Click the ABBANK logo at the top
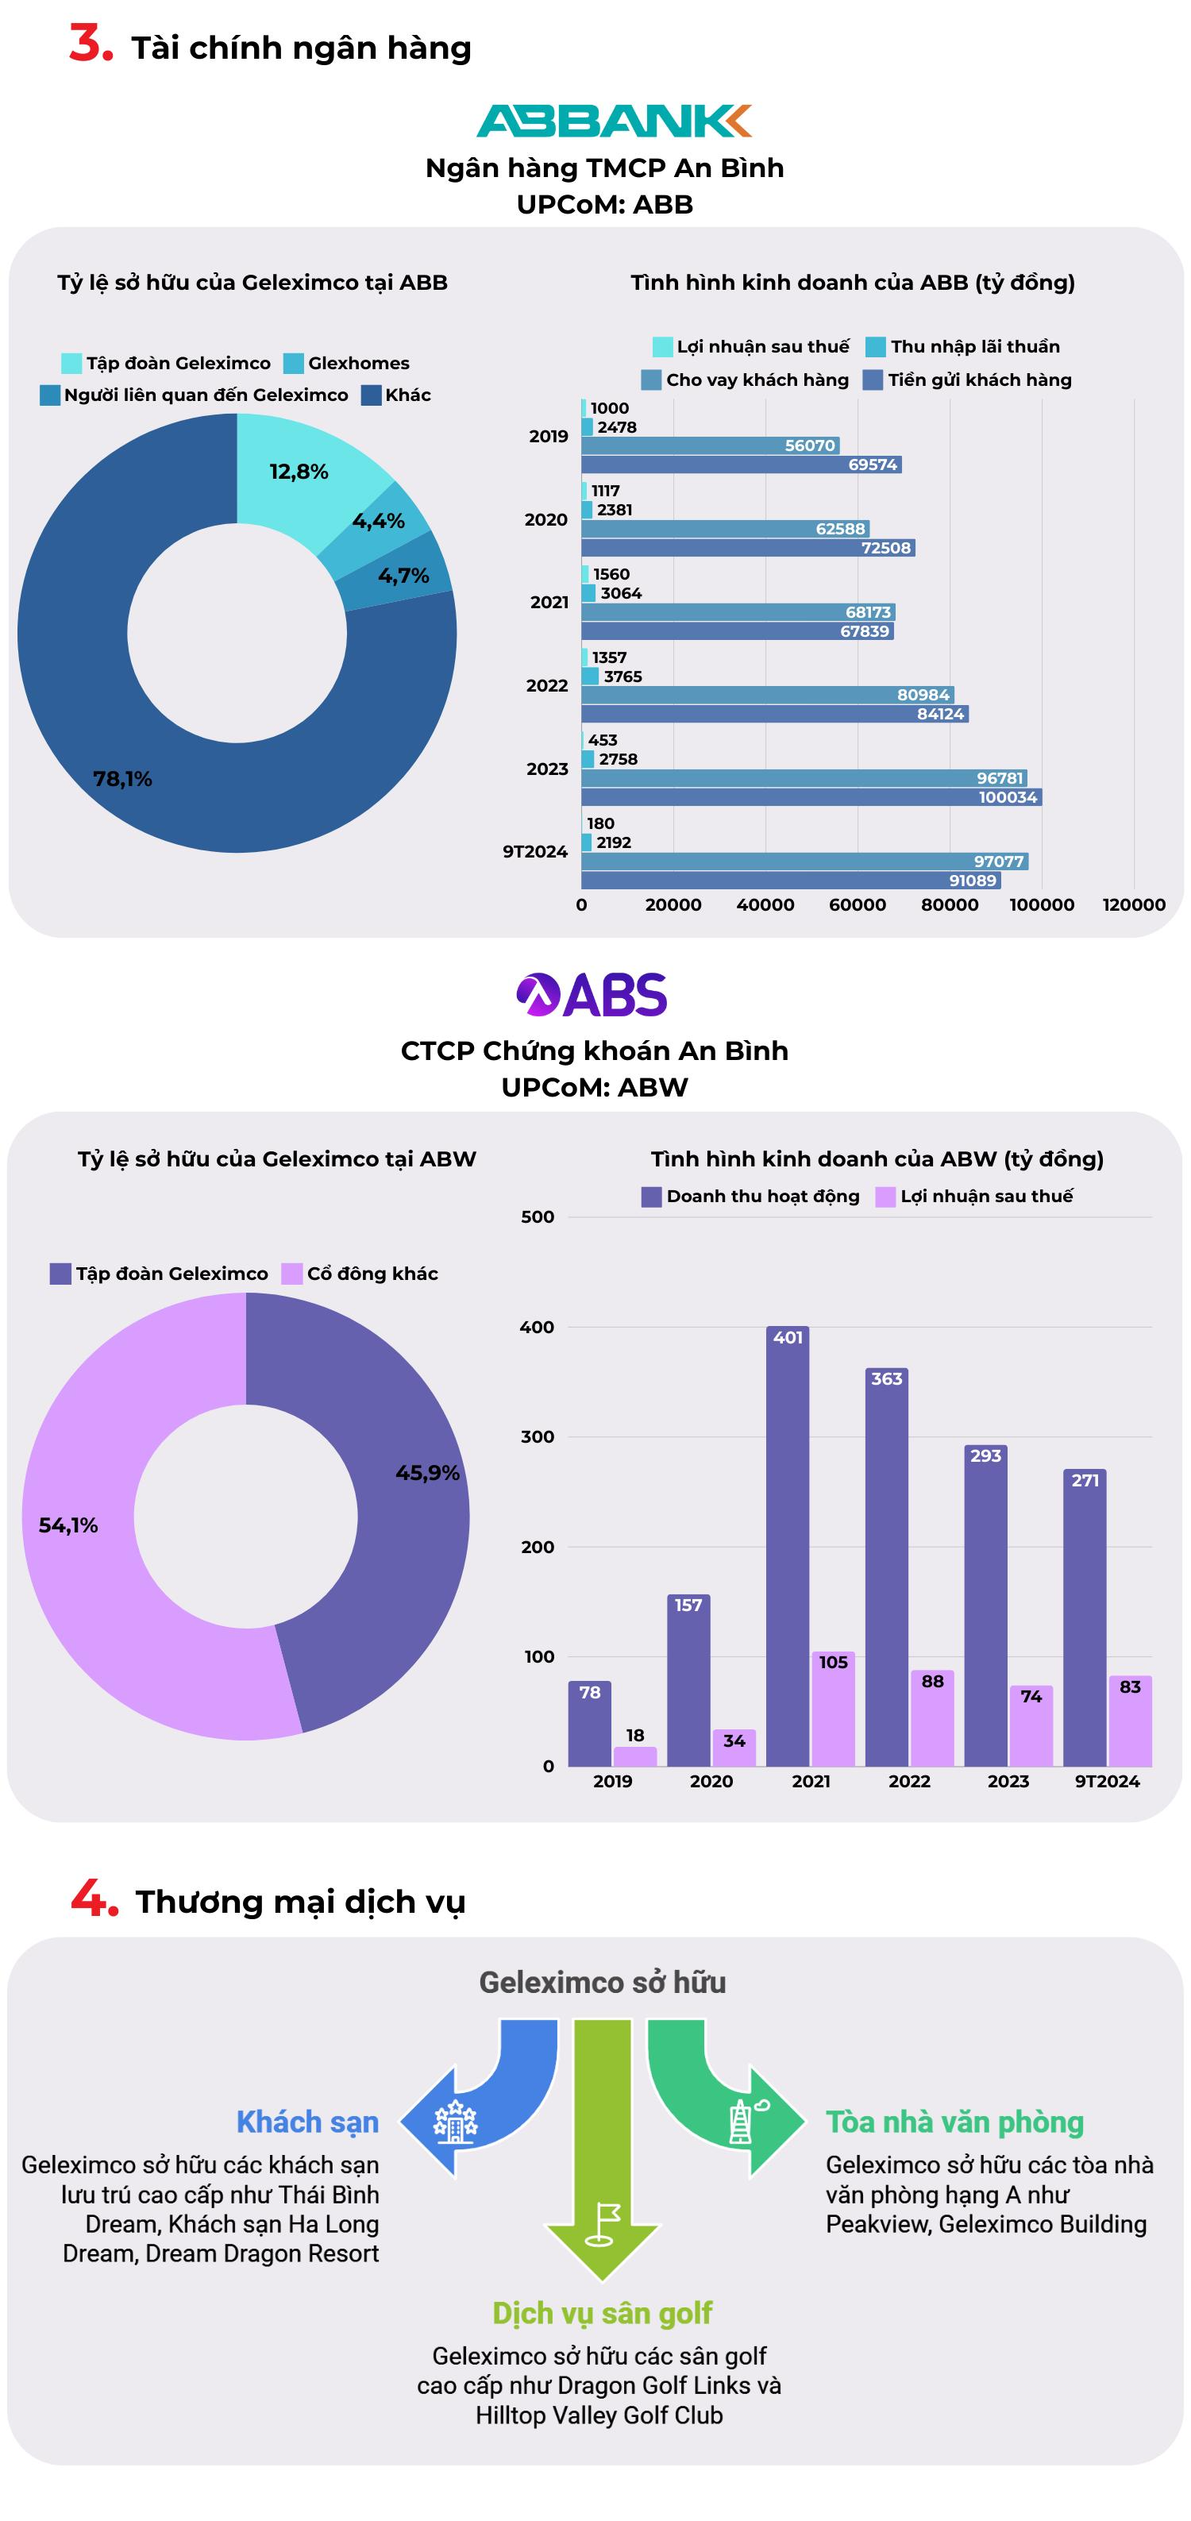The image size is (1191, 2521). tap(614, 121)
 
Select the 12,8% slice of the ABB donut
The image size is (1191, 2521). tap(299, 472)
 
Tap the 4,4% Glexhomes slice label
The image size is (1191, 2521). tap(379, 521)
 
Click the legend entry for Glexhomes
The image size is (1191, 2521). tap(348, 363)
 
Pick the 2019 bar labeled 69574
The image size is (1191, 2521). tap(741, 464)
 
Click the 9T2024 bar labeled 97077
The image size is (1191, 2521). tap(804, 862)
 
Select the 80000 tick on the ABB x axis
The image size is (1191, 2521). tap(950, 904)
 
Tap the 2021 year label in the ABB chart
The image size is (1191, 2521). tap(549, 602)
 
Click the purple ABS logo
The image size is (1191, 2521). tap(592, 995)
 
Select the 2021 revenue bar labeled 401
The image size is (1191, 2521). tap(787, 1546)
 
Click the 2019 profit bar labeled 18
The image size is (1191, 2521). tap(635, 1756)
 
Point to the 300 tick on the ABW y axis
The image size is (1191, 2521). tap(538, 1436)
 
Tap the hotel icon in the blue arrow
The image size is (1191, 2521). tap(455, 2122)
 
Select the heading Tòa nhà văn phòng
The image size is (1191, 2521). tap(954, 2122)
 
